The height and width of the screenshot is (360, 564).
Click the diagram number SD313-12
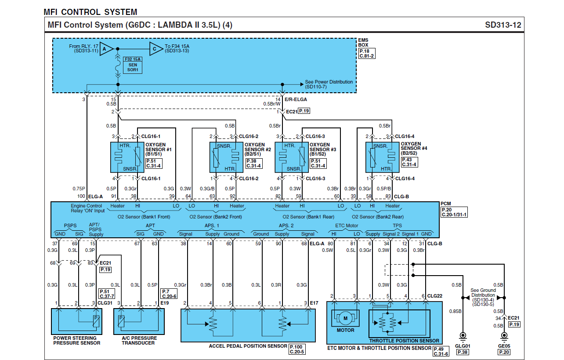click(x=503, y=25)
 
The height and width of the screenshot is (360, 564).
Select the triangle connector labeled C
click(x=155, y=49)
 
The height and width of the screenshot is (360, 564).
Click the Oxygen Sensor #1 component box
click(x=127, y=157)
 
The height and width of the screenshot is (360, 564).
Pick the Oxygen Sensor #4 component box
click(x=382, y=157)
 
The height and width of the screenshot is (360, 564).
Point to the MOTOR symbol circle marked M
click(x=345, y=318)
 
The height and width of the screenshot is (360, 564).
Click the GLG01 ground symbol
click(x=462, y=337)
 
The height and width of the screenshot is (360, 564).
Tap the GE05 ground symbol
click(x=504, y=337)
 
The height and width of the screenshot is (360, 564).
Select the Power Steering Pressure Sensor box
click(x=77, y=321)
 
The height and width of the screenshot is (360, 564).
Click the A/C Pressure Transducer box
click(x=139, y=321)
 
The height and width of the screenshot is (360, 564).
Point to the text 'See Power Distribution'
click(x=329, y=82)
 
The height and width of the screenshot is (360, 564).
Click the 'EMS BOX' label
click(x=363, y=43)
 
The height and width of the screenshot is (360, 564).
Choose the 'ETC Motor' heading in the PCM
click(x=347, y=225)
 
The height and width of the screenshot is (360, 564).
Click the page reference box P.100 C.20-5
click(x=297, y=349)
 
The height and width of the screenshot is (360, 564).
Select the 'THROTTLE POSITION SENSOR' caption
click(x=404, y=341)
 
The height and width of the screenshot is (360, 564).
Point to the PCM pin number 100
click(x=81, y=196)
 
